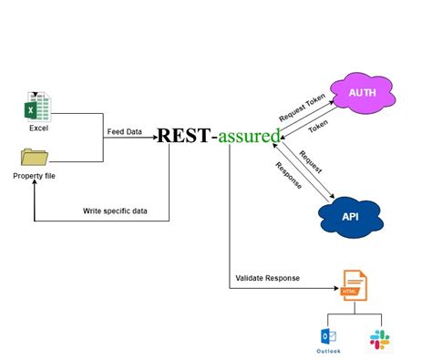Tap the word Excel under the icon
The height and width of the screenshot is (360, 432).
[37, 129]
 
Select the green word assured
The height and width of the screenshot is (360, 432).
[249, 137]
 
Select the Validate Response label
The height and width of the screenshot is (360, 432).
[268, 278]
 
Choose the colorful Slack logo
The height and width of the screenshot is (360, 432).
[378, 338]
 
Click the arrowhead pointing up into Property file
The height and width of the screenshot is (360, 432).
[35, 184]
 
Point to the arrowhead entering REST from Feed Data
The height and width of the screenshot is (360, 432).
[154, 137]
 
